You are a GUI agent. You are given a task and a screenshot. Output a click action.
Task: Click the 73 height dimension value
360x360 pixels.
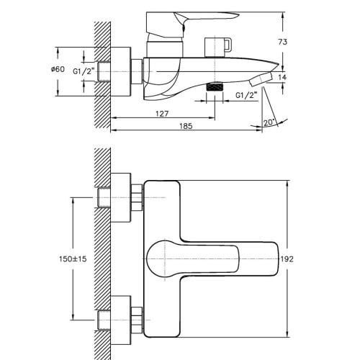pyautogui.click(x=282, y=42)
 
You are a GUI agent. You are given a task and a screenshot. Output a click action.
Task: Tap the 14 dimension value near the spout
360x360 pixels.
pyautogui.click(x=282, y=77)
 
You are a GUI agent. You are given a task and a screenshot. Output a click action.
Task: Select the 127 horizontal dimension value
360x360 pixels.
pyautogui.click(x=162, y=114)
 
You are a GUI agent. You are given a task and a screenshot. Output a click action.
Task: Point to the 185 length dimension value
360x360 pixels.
pyautogui.click(x=186, y=126)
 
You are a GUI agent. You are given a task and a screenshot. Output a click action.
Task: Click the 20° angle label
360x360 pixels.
pyautogui.click(x=269, y=122)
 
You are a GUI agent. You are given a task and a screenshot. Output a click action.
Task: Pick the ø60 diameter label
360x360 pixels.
pyautogui.click(x=58, y=69)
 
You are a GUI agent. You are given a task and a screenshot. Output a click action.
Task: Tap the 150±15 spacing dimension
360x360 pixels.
pyautogui.click(x=73, y=259)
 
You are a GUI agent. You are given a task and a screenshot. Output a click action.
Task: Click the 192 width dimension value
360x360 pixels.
pyautogui.click(x=287, y=259)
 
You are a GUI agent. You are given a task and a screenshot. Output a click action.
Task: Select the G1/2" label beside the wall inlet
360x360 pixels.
pyautogui.click(x=84, y=71)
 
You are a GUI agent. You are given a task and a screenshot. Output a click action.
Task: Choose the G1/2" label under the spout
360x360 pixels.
pyautogui.click(x=246, y=95)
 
